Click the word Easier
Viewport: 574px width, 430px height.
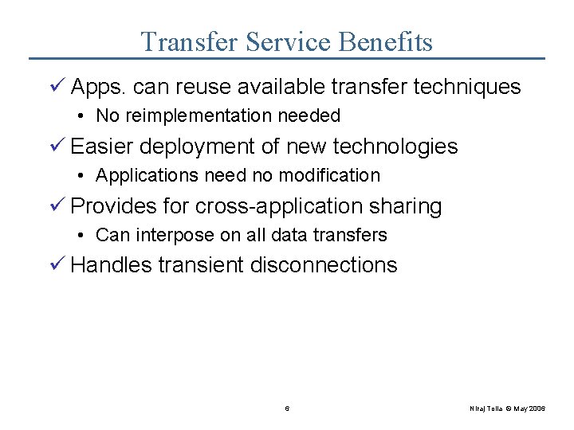coord(102,147)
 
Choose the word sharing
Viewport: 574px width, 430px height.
coord(405,207)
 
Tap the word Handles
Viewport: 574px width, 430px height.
coord(111,265)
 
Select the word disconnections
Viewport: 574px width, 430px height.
coord(324,265)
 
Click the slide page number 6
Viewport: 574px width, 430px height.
coord(287,408)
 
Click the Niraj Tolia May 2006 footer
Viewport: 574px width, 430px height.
coord(507,408)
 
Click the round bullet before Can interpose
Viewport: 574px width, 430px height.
coord(84,235)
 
